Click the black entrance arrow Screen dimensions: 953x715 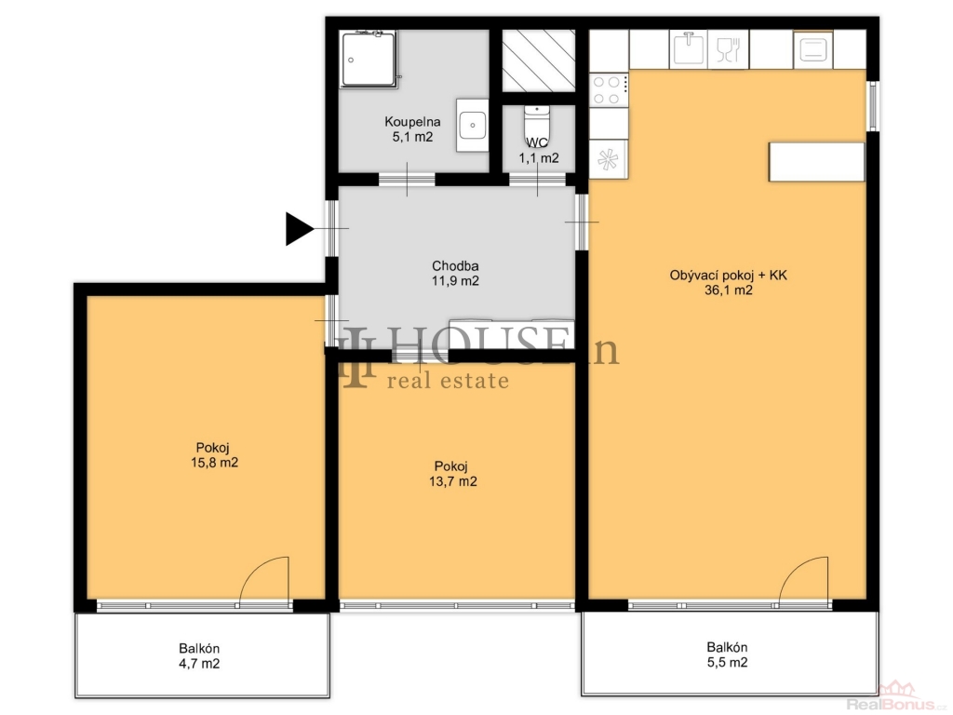(x=298, y=229)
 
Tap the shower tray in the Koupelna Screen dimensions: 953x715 (x=369, y=59)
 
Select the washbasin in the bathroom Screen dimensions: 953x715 (x=472, y=126)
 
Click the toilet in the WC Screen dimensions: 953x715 (x=537, y=124)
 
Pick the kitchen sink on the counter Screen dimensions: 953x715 (x=689, y=48)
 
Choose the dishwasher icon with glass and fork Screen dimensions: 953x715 (x=728, y=49)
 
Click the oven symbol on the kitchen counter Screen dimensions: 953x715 (x=812, y=49)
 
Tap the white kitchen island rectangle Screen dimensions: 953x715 (x=816, y=162)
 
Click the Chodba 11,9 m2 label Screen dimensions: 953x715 (x=455, y=274)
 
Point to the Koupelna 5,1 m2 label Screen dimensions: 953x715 (x=412, y=129)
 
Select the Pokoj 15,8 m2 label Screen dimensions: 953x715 (x=214, y=455)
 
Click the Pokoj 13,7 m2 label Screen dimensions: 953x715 (x=453, y=474)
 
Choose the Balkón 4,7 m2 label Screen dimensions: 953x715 (x=199, y=656)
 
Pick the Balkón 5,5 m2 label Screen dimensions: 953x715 (x=727, y=654)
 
